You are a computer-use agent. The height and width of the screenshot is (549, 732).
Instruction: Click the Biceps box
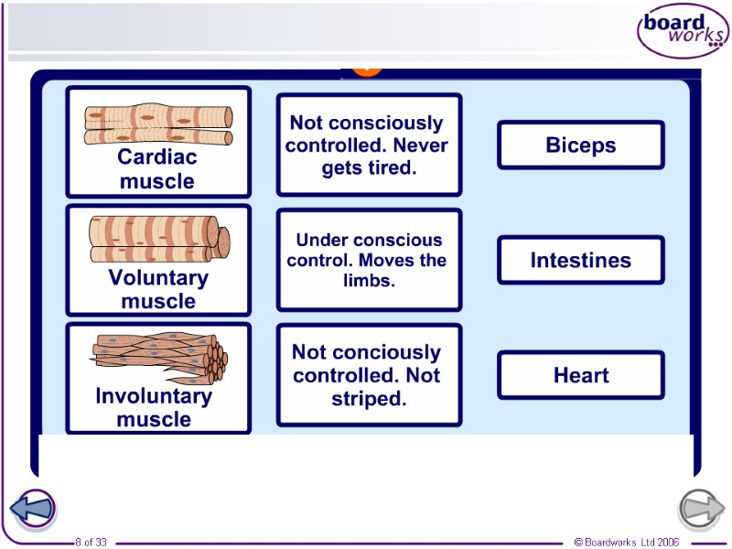[580, 145]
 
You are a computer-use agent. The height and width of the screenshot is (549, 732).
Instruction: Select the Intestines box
[580, 260]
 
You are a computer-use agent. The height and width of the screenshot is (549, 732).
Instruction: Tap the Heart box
[580, 375]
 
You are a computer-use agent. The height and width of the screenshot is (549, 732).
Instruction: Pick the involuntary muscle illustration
[158, 359]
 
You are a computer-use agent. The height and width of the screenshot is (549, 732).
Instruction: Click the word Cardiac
[157, 157]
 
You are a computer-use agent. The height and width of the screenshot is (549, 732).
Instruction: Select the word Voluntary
[158, 277]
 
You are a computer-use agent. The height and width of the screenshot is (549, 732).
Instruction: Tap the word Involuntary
[154, 396]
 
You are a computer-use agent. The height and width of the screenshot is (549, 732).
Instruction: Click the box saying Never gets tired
[369, 145]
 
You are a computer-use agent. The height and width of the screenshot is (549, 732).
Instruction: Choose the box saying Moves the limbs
[369, 260]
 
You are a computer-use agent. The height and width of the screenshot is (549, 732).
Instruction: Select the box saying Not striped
[369, 375]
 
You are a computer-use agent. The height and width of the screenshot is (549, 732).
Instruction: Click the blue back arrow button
[33, 507]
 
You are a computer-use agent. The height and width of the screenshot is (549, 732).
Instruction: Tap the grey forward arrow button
[701, 507]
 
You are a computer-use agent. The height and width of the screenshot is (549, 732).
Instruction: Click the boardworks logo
[683, 32]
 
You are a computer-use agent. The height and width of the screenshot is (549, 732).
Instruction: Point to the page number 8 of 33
[91, 543]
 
